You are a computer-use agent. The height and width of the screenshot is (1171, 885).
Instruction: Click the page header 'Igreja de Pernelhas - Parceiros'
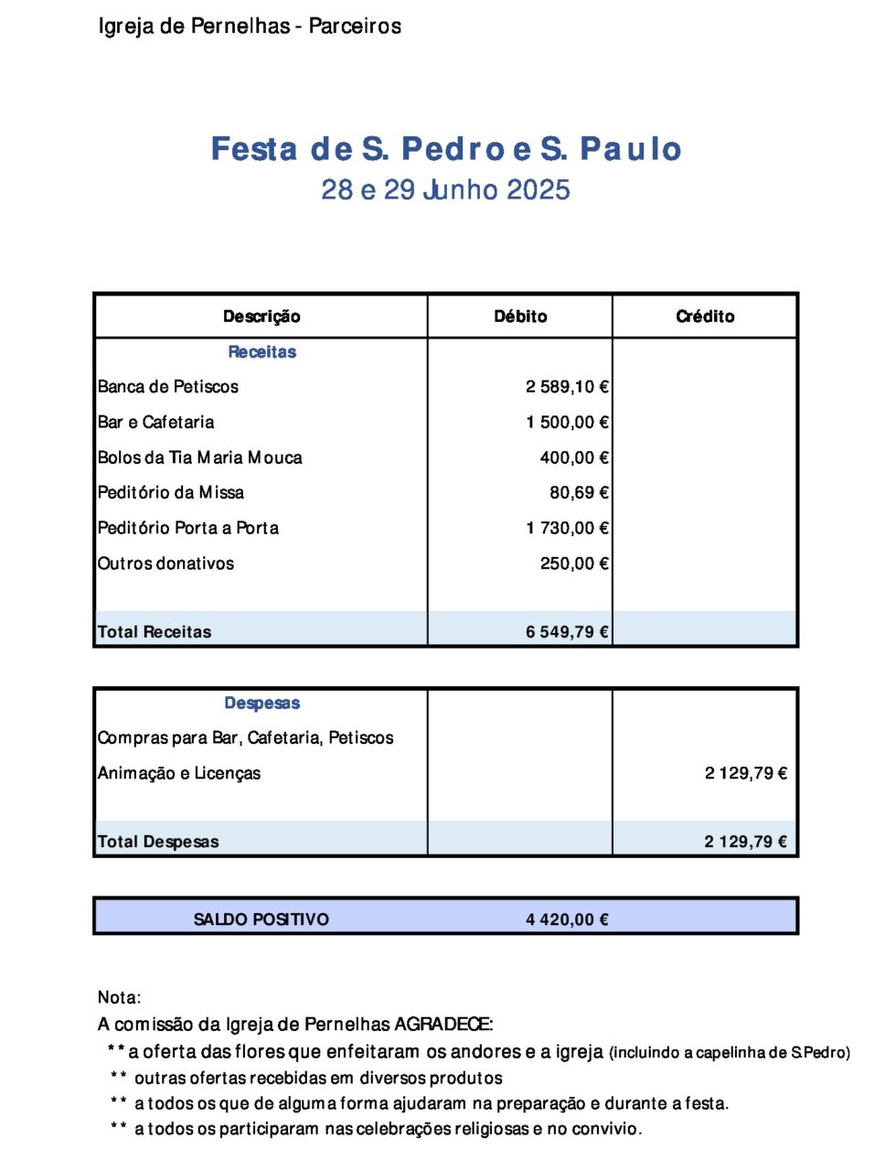coord(250,26)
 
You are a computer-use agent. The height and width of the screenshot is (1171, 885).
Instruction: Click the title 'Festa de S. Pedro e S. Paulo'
coord(446,149)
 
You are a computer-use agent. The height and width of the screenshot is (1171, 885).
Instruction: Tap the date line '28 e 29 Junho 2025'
coord(445,190)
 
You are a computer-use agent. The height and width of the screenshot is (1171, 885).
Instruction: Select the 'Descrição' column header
coord(261,317)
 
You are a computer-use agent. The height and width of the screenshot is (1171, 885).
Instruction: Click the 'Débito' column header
coord(520,317)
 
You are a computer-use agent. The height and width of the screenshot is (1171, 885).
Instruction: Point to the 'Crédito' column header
coord(705,317)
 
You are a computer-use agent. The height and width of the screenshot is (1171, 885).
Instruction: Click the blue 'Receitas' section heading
coord(261,352)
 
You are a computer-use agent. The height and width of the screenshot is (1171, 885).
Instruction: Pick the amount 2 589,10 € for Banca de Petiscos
coord(567,387)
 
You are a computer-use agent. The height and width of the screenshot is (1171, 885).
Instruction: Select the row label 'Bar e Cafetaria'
coord(156,423)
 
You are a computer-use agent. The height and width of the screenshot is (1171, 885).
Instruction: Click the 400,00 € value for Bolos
coord(574,457)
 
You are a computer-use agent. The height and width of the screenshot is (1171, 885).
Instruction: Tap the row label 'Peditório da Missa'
coord(171,493)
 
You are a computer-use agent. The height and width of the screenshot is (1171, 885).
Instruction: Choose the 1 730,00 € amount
coord(567,528)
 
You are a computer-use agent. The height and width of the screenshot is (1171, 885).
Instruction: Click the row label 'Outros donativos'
coord(166,564)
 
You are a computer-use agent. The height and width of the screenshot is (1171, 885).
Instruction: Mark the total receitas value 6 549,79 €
coord(567,632)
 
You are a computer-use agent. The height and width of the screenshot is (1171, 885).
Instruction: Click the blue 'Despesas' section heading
coord(261,704)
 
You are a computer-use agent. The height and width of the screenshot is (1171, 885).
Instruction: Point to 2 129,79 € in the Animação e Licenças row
coord(745,774)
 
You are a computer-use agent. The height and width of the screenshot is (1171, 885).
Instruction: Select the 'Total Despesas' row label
coord(158,842)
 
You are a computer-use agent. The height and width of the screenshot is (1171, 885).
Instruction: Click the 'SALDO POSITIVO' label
coord(261,919)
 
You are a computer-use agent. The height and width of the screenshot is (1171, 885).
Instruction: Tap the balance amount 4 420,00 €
coord(567,919)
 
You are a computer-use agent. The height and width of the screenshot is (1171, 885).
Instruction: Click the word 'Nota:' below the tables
coord(120,998)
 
